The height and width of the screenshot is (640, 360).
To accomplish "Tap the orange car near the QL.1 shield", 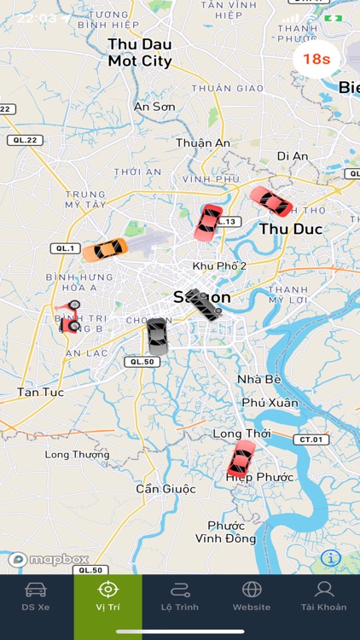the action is [106, 249].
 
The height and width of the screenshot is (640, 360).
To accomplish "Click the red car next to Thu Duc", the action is [271, 201].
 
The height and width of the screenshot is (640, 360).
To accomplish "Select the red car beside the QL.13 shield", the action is [208, 222].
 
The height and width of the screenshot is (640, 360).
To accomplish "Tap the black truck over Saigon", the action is [204, 305].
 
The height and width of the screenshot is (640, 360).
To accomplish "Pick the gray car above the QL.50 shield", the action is [157, 336].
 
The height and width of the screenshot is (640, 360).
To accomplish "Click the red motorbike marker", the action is [68, 316].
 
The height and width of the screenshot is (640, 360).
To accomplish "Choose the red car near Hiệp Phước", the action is [241, 459].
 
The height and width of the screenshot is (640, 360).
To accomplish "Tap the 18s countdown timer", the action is [316, 59].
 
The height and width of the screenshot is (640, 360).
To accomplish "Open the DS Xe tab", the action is [35, 596].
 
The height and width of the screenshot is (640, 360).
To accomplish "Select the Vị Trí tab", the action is [107, 596].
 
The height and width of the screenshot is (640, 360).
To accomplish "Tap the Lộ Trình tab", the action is [179, 596].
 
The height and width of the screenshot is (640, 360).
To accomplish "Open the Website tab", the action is [252, 596].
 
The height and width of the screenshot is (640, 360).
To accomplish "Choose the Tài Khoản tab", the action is [323, 596].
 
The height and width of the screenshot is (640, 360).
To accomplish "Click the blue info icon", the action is [331, 558].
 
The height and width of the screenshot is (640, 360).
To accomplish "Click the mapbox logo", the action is [49, 560].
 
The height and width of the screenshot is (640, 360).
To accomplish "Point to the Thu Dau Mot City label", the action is [140, 52].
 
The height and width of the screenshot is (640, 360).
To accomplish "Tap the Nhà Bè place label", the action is [255, 380].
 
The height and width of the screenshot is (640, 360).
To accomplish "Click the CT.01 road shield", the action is [311, 439].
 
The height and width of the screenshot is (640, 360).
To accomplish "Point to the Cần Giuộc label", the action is [165, 489].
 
